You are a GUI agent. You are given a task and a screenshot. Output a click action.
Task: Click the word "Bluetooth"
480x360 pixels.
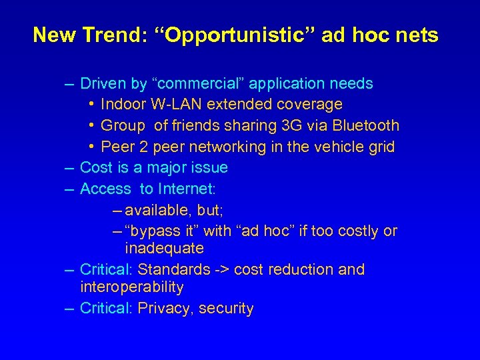coord(365,125)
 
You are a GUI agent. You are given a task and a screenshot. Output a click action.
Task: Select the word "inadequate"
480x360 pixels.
coord(164,249)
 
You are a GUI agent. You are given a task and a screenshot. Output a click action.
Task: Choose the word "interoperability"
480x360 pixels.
coord(131,287)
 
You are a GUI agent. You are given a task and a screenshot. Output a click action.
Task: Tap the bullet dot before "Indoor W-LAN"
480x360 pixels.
coord(91,105)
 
